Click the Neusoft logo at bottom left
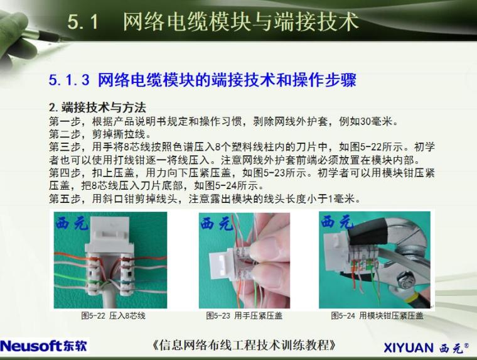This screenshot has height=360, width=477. click(44, 346)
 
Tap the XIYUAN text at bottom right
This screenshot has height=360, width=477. click(408, 347)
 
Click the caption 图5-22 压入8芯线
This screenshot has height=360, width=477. click(113, 315)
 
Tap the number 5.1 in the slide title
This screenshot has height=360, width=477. click(83, 23)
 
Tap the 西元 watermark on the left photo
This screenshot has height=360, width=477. click(73, 222)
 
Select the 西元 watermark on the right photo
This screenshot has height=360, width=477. click(338, 222)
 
